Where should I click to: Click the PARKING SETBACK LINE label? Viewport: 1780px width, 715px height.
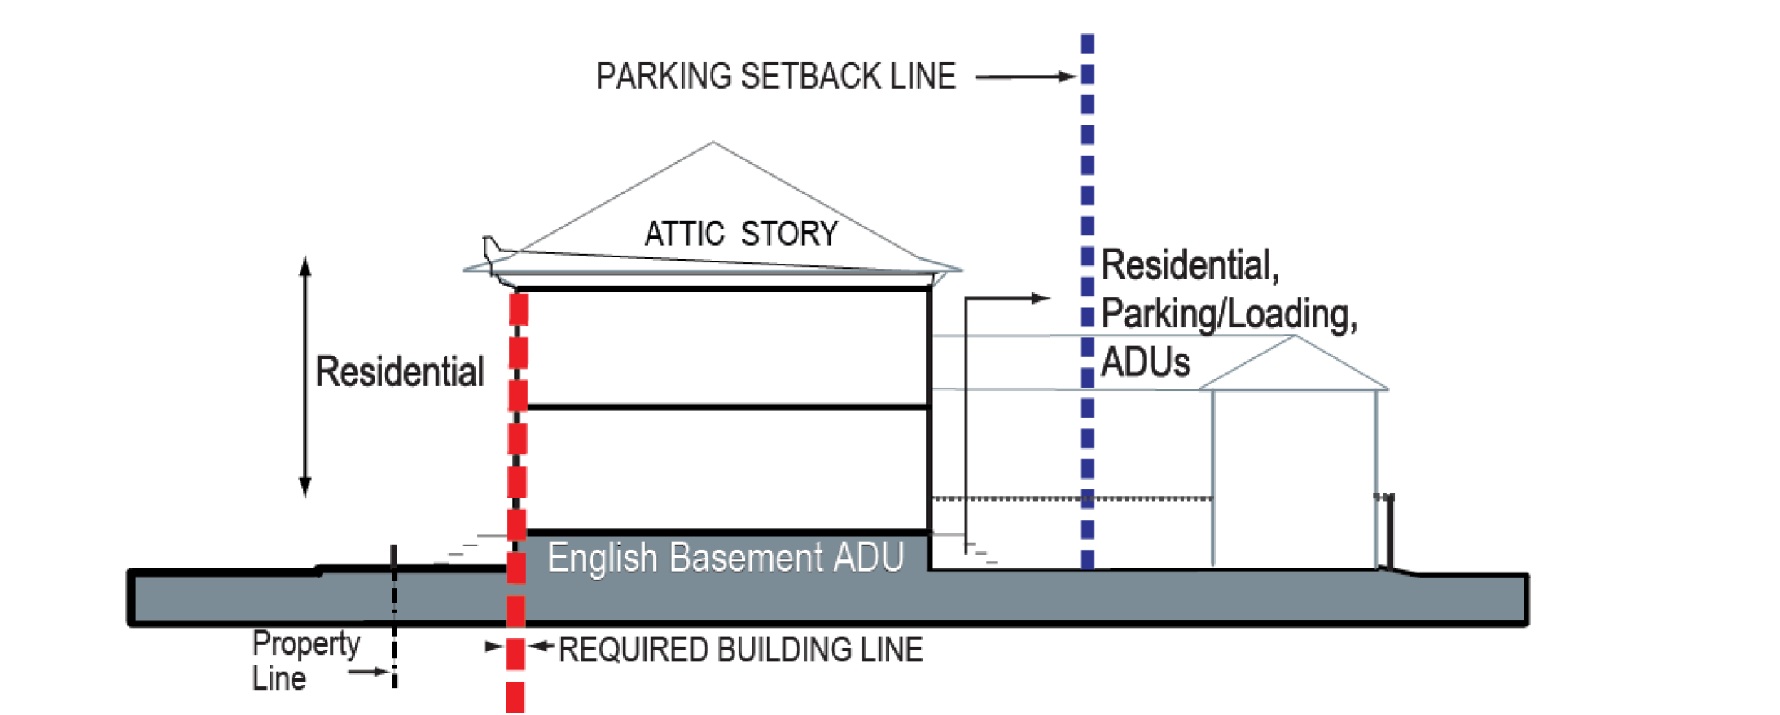[775, 77]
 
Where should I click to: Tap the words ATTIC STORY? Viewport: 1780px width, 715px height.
[740, 235]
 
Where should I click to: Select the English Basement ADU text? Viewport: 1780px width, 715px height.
[725, 559]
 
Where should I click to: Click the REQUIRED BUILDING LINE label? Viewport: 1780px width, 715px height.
[740, 650]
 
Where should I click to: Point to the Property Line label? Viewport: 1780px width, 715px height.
[305, 660]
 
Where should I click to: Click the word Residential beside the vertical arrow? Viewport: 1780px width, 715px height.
[399, 372]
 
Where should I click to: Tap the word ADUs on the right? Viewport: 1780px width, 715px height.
[1145, 362]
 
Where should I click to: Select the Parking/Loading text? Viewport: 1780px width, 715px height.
[1229, 314]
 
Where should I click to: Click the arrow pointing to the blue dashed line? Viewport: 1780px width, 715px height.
[1025, 77]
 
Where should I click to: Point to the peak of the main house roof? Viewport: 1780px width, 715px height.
[713, 143]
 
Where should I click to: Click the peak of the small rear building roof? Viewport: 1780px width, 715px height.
[1294, 336]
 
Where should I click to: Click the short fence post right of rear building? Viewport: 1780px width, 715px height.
[1388, 529]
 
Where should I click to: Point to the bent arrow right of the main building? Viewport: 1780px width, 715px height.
[1006, 299]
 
